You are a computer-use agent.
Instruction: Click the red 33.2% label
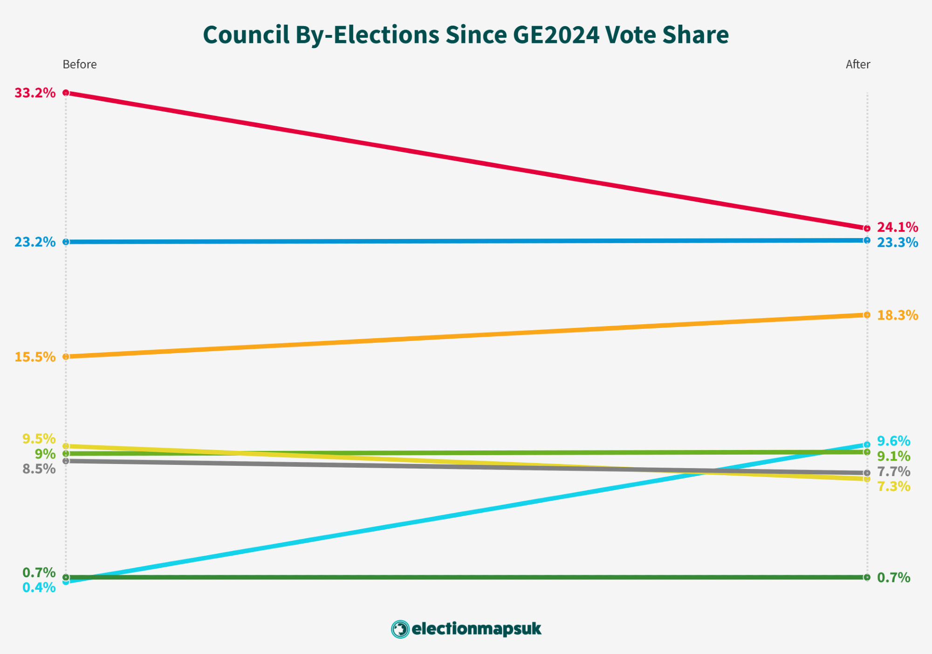[x=35, y=93]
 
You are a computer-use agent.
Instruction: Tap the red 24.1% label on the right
[x=897, y=227]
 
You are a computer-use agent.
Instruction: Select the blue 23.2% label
[x=35, y=242]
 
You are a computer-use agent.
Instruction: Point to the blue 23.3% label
[x=897, y=243]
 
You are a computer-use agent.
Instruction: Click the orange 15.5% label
[x=35, y=357]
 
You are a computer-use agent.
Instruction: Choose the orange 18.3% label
[x=897, y=315]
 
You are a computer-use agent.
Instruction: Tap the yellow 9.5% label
[x=39, y=439]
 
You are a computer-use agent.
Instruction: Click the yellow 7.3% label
[x=893, y=487]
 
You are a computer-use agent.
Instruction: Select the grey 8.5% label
[x=39, y=469]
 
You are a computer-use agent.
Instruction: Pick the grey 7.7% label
[x=893, y=472]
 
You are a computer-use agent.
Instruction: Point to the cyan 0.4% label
[x=39, y=588]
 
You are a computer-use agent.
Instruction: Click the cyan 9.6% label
[x=893, y=441]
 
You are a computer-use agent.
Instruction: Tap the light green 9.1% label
[x=893, y=456]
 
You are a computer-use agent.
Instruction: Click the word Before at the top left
[x=80, y=64]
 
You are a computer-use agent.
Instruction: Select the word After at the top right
[x=857, y=64]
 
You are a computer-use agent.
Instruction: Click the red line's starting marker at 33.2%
[x=66, y=93]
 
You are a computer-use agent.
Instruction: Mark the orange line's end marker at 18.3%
[x=867, y=315]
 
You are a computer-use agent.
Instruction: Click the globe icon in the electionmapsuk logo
[x=400, y=629]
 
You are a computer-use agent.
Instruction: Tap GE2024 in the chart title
[x=556, y=35]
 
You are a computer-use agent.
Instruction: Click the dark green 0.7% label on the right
[x=893, y=578]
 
